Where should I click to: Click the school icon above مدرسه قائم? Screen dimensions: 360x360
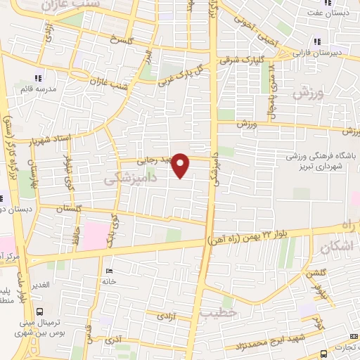(x=38, y=77)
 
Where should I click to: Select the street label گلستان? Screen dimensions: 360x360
(x=58, y=209)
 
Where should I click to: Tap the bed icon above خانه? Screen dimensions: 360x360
(x=108, y=271)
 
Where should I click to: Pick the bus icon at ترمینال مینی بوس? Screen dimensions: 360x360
(x=39, y=311)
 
